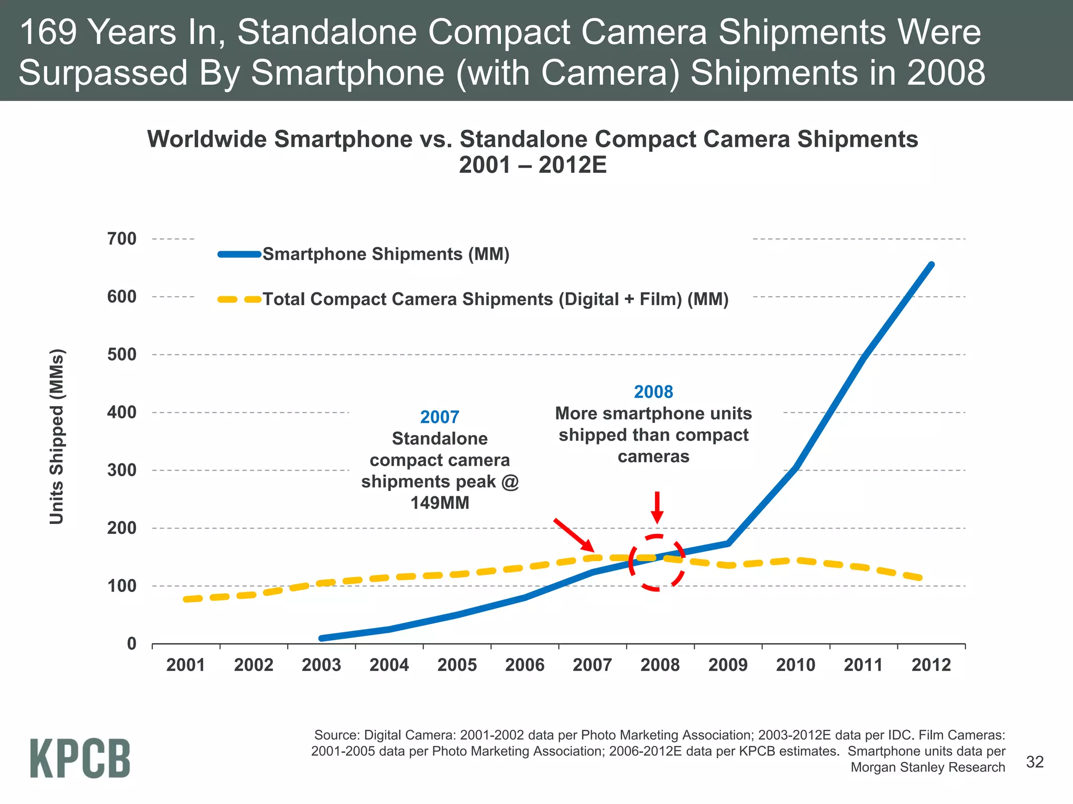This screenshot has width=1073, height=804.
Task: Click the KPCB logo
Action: coord(80,758)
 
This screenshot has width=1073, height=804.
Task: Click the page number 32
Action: coord(1035,762)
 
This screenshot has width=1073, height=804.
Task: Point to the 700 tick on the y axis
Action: coord(122,239)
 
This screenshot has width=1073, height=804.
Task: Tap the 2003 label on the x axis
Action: coord(321,665)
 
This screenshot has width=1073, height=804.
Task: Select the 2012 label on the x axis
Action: coord(931,665)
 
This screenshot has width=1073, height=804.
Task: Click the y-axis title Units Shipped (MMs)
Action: coord(57,436)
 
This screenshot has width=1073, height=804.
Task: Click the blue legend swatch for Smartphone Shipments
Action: coord(239,254)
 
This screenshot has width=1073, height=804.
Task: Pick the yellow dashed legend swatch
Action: coord(239,299)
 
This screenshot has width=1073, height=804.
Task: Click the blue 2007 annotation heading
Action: coord(440,417)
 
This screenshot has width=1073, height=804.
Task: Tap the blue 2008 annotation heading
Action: coord(653,392)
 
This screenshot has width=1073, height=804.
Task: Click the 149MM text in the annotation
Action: coord(440,503)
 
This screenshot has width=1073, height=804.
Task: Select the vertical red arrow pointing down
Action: coord(657,507)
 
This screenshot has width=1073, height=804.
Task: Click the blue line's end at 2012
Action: coord(931,265)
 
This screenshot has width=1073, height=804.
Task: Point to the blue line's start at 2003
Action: coord(322,638)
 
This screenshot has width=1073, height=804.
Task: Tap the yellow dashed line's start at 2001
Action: coord(186,599)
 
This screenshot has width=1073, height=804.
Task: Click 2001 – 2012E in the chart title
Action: coord(532,165)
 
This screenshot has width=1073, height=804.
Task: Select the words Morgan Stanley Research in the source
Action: coord(927,767)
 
